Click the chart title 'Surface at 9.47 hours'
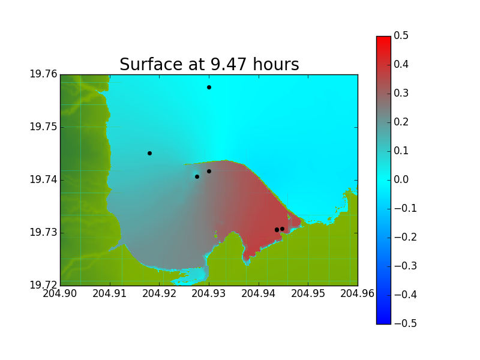coord(209,64)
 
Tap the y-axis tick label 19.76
coord(43,74)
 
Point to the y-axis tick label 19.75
coord(43,127)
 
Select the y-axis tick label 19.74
coord(43,179)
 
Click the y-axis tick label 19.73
coord(43,232)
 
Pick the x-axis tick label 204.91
coord(110,293)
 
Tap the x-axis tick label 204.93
coord(209,293)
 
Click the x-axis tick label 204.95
coord(308,293)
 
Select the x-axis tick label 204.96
coord(358,293)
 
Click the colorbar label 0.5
coord(401,35)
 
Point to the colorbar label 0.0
coord(401,179)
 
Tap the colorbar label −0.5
coord(406,323)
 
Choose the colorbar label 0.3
coord(401,93)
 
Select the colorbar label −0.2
coord(406,237)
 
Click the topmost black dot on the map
coord(209,87)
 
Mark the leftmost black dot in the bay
coord(149,154)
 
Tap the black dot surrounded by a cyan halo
coord(197,176)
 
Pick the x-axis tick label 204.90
coord(59,293)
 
